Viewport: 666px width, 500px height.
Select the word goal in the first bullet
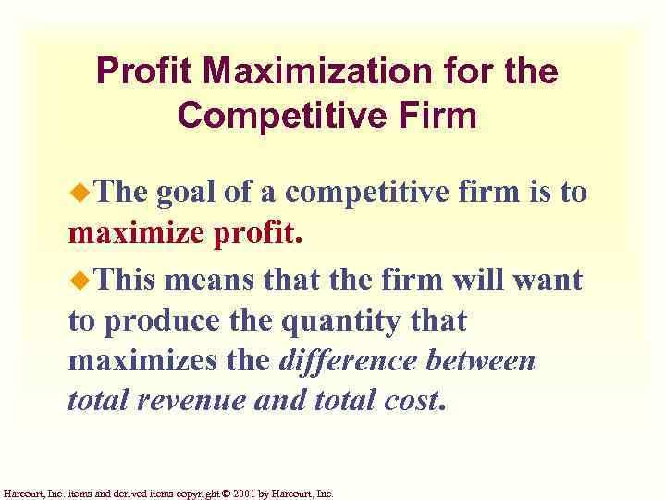pyautogui.click(x=187, y=193)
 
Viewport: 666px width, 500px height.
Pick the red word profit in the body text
pyautogui.click(x=256, y=234)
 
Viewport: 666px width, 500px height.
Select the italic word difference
pyautogui.click(x=352, y=361)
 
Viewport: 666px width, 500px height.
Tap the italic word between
pyautogui.click(x=485, y=361)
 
